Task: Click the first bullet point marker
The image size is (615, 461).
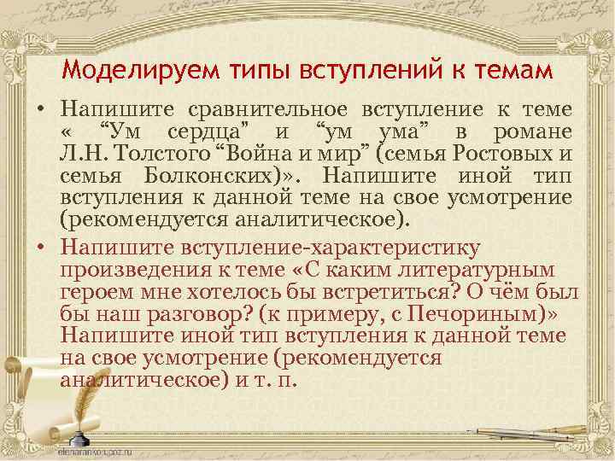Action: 40,111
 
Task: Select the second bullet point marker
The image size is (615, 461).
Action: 40,248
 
